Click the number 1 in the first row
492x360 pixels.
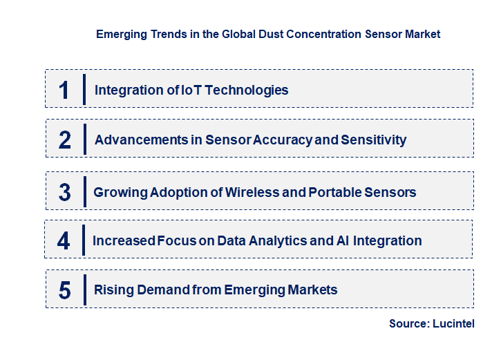[64, 90]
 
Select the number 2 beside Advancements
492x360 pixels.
[65, 140]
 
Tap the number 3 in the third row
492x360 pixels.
[65, 192]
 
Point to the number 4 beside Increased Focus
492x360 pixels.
[64, 240]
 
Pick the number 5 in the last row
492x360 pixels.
[65, 290]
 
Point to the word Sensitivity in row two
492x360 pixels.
[374, 140]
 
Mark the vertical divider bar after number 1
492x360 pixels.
[84, 89]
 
